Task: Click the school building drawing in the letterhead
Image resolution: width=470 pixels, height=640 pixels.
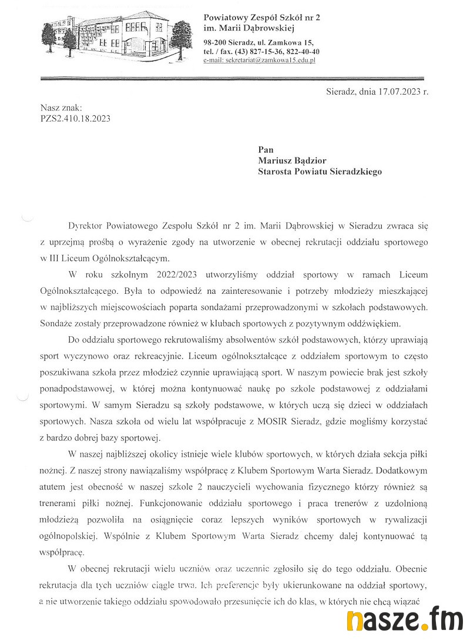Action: tap(117, 35)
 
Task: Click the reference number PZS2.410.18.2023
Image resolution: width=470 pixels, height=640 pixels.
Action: tap(75, 118)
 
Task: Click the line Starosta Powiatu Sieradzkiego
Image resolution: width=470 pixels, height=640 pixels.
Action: tap(320, 172)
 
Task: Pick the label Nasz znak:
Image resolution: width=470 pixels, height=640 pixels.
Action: tap(61, 108)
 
